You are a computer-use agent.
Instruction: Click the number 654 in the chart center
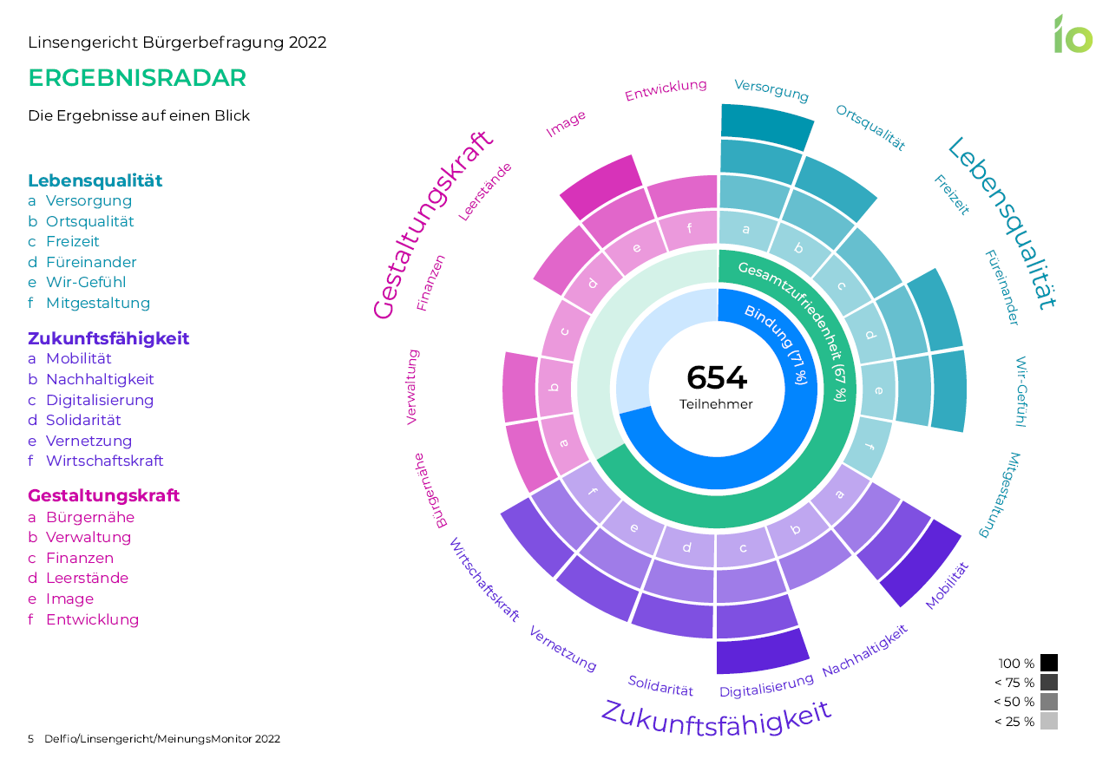click(x=716, y=378)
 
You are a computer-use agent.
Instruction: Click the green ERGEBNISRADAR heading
click(x=137, y=78)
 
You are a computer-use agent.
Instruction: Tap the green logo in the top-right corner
click(x=1073, y=35)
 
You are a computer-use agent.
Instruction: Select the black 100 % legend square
click(x=1048, y=664)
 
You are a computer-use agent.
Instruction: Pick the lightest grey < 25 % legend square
click(x=1048, y=721)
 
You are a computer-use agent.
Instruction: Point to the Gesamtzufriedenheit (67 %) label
click(x=793, y=330)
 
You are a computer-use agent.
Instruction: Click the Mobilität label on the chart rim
click(x=947, y=586)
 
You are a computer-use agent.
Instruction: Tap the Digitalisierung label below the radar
click(x=766, y=685)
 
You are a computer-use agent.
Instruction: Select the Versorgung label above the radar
click(x=771, y=90)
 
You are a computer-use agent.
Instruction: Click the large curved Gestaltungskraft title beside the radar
click(x=431, y=225)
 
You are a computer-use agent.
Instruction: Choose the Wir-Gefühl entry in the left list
click(x=86, y=282)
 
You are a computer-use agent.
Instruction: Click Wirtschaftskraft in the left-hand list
click(x=104, y=461)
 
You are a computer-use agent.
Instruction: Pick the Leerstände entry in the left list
click(x=87, y=578)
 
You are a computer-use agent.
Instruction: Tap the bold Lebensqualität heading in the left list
click(x=95, y=180)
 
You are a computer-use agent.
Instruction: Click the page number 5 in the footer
click(x=31, y=739)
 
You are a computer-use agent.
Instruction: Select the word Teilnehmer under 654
click(x=716, y=404)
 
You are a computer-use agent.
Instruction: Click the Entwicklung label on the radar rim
click(x=666, y=89)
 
